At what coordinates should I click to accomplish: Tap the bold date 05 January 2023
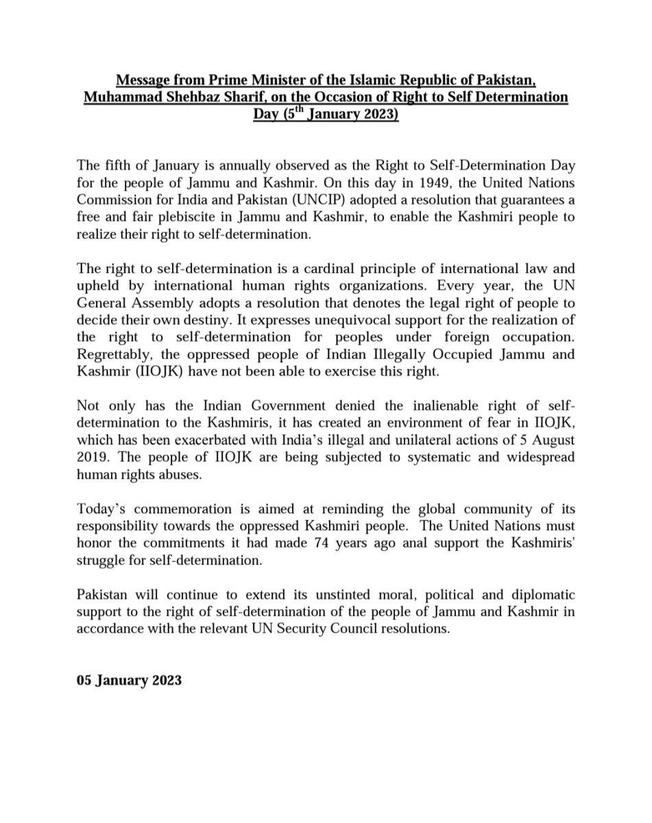(129, 680)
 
